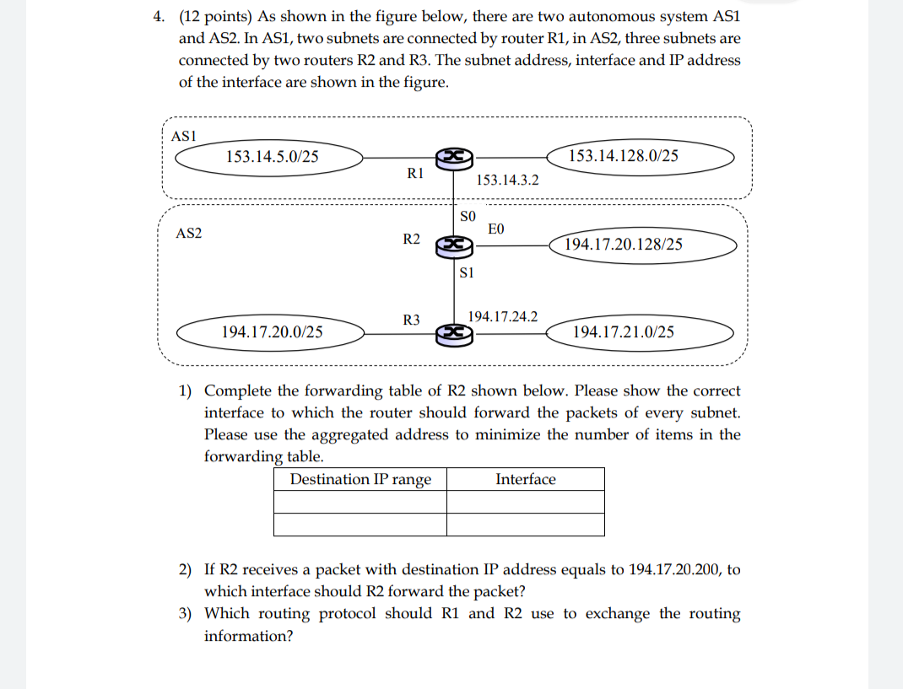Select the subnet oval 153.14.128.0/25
(x=624, y=156)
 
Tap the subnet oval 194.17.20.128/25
(x=624, y=245)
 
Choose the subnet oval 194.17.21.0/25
(x=624, y=331)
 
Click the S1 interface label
(x=468, y=272)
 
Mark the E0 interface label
(x=496, y=229)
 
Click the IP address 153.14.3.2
(x=507, y=180)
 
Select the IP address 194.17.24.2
(x=503, y=316)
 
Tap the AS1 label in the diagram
(x=184, y=136)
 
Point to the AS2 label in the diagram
(x=188, y=233)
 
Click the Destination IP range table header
(x=360, y=479)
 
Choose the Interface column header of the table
(x=525, y=479)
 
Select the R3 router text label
(x=412, y=320)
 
